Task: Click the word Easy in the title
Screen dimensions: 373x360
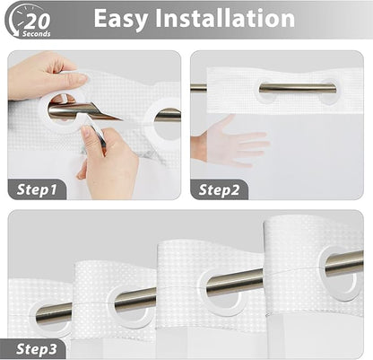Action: (x=120, y=19)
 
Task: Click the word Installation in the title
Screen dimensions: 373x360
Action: (x=225, y=18)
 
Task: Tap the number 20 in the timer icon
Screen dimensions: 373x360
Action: (x=37, y=21)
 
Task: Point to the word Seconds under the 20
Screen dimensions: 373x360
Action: (x=37, y=34)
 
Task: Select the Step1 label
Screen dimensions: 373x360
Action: (x=37, y=189)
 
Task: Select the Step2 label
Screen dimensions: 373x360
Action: (x=219, y=190)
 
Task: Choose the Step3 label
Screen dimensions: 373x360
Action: (x=36, y=349)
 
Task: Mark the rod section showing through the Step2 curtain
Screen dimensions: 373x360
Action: (x=298, y=89)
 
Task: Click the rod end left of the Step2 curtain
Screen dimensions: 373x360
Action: (x=198, y=87)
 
